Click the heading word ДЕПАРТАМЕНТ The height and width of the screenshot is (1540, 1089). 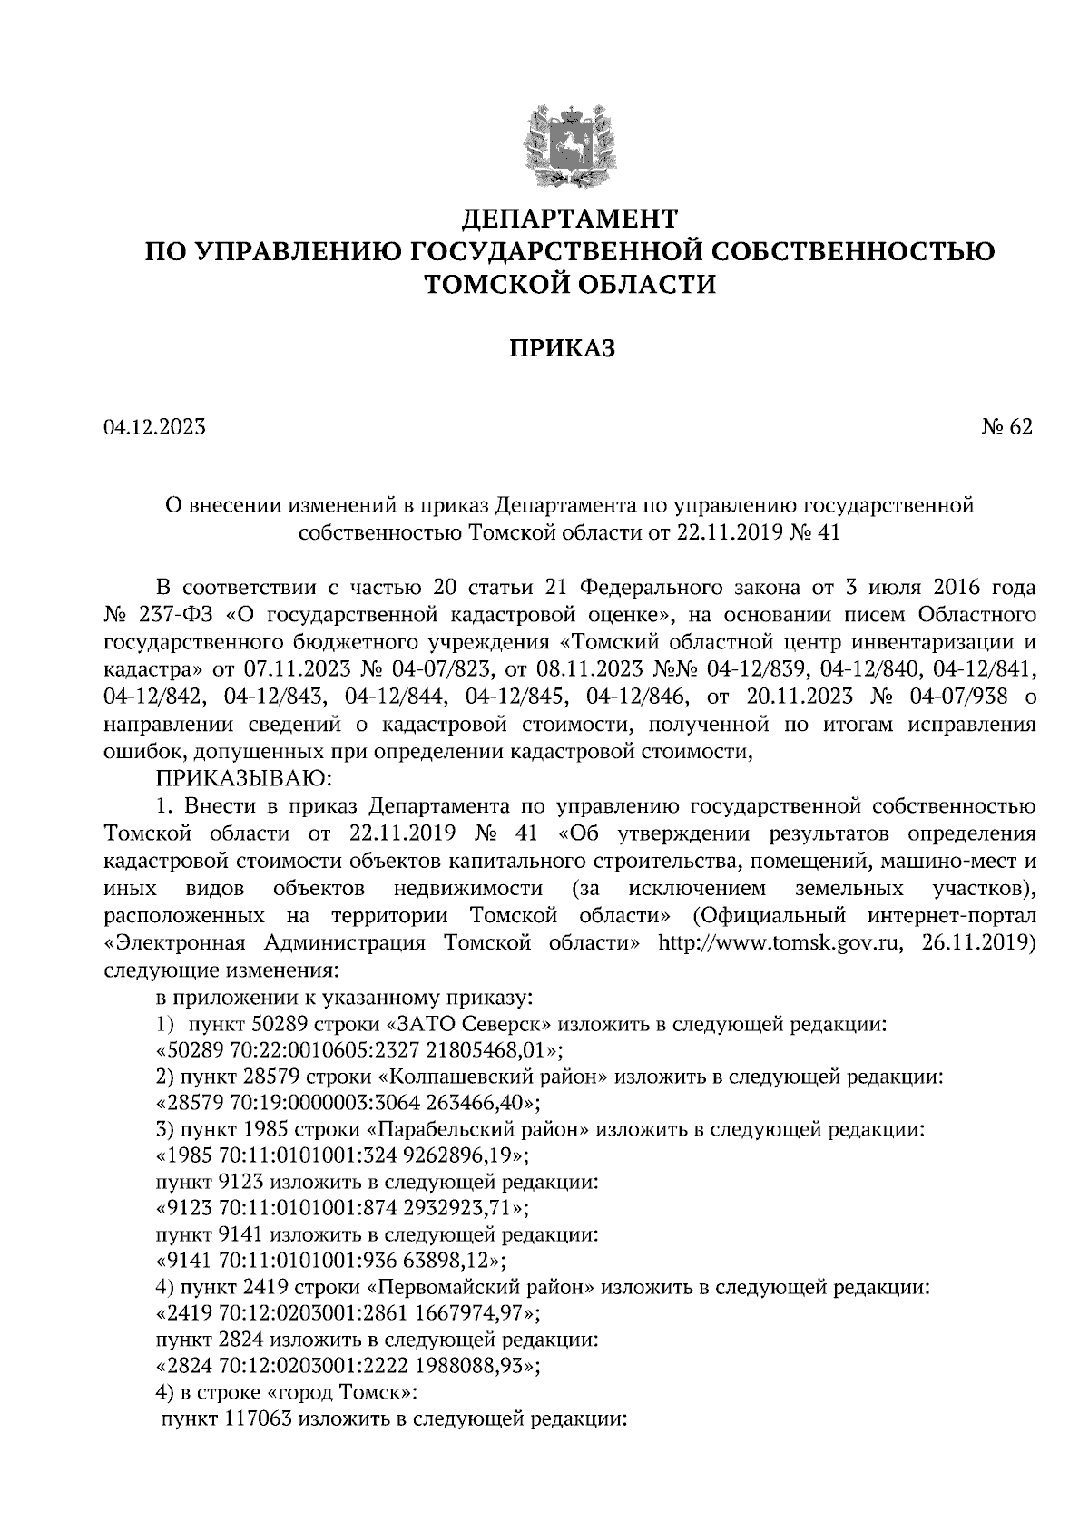(x=570, y=219)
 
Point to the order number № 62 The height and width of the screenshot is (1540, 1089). (x=1006, y=426)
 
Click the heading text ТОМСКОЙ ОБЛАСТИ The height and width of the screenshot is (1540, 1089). (x=570, y=284)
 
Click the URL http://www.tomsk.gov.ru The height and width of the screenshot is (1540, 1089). (x=780, y=942)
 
